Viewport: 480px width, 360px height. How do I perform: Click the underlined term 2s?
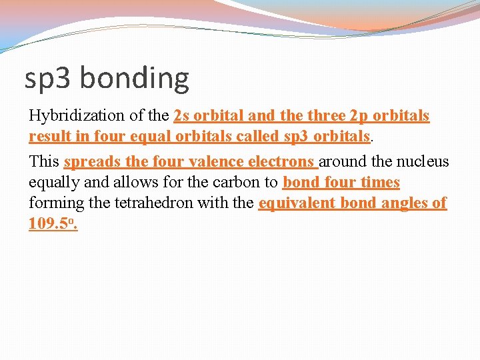(x=181, y=116)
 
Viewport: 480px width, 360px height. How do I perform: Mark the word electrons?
(x=281, y=162)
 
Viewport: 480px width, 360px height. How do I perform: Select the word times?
(x=380, y=183)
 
